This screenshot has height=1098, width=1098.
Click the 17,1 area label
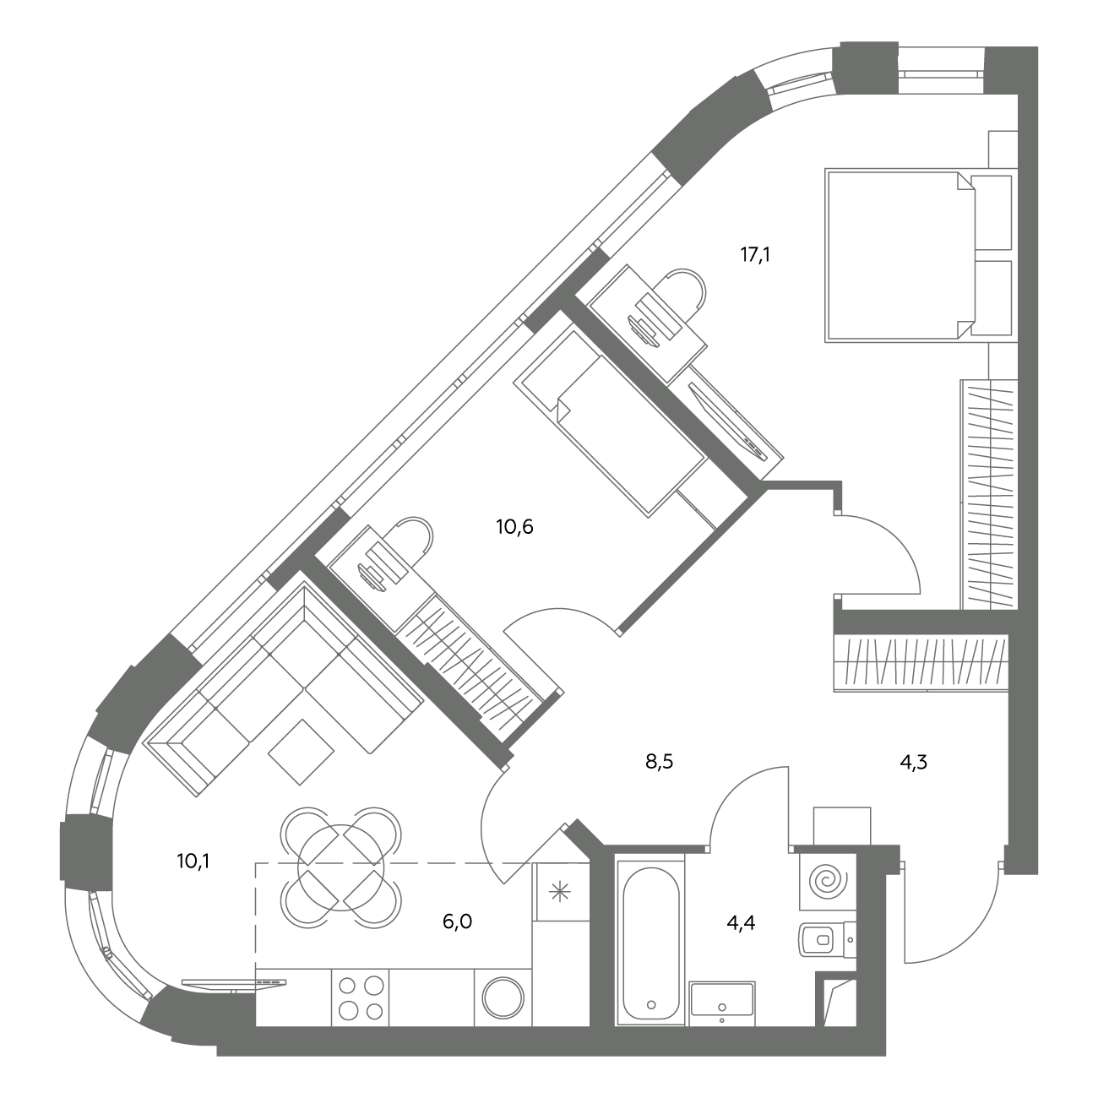click(x=755, y=255)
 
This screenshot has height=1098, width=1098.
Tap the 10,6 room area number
click(x=514, y=527)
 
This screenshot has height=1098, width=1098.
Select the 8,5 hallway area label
click(x=660, y=762)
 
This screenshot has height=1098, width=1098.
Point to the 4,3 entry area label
click(x=913, y=763)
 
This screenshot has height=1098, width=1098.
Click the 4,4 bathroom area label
click(x=741, y=922)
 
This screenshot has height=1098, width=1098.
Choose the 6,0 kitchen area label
click(x=457, y=921)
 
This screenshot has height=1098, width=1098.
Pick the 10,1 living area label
click(x=193, y=862)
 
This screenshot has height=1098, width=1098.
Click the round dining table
click(x=340, y=867)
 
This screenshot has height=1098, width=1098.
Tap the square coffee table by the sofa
click(x=301, y=753)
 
